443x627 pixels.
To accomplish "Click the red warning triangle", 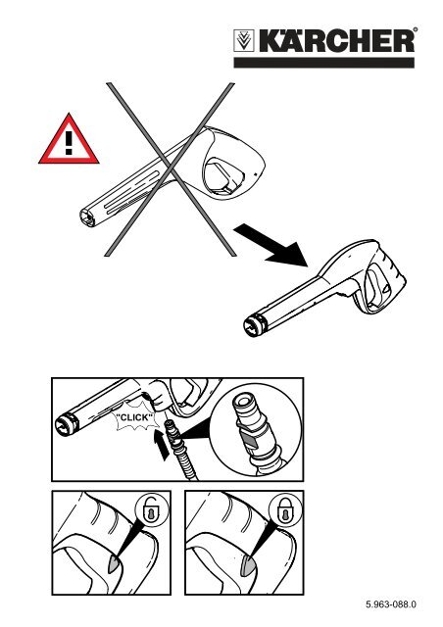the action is [69, 140].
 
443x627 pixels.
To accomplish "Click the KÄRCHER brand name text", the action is [337, 41].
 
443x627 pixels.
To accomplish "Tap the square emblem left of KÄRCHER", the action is [244, 40].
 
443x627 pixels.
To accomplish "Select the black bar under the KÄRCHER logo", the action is [323, 63].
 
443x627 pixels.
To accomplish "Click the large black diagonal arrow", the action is [271, 245].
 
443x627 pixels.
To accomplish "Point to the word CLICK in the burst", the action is [134, 418].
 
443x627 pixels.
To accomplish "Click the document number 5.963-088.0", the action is [391, 603].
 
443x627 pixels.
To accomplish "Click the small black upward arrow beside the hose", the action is [162, 445].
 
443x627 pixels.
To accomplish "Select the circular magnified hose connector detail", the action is [256, 431].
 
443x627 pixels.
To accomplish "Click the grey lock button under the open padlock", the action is [114, 565].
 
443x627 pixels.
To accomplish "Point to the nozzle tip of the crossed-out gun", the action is [87, 217].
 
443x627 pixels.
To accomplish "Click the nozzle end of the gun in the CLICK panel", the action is [65, 425].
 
